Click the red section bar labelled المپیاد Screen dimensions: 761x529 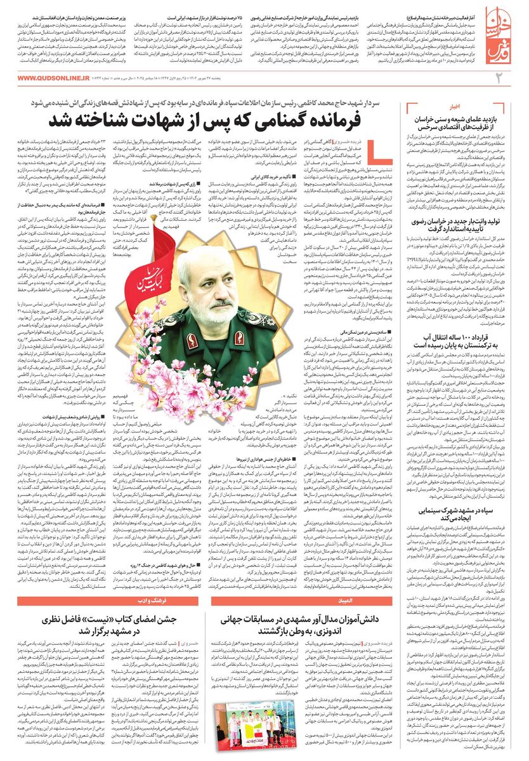311,599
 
